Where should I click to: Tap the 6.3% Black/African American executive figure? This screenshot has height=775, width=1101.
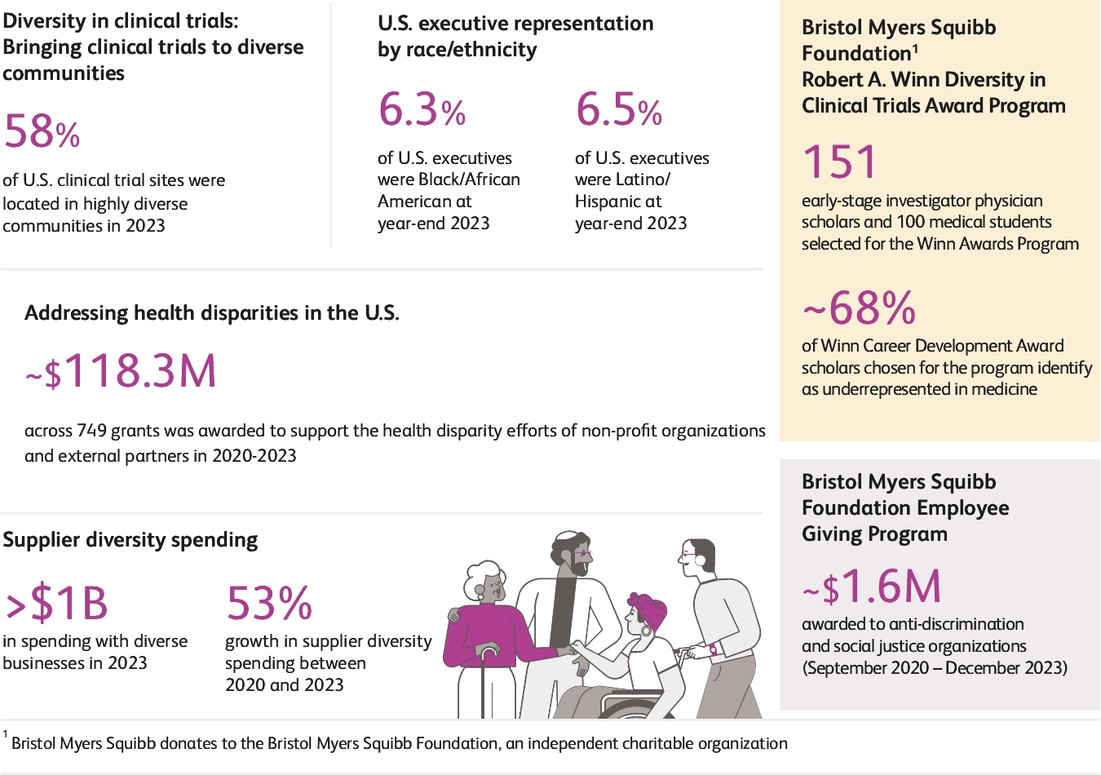click(422, 110)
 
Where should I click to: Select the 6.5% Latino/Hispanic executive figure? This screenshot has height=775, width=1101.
click(618, 110)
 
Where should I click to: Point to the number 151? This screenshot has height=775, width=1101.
click(840, 162)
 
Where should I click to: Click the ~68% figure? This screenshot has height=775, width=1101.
click(860, 308)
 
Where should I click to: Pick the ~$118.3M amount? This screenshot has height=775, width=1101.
click(122, 372)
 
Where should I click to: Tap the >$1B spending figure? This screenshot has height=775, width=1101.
click(56, 604)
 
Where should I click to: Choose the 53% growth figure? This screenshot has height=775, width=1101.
click(269, 604)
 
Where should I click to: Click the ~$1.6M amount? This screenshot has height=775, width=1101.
click(872, 587)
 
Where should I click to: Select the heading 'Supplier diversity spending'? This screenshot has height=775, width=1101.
click(130, 540)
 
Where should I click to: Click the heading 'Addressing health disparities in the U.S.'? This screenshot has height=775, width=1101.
click(212, 313)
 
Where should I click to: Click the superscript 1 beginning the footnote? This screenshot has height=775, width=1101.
click(5, 734)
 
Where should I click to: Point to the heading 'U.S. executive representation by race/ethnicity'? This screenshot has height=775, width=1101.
click(515, 37)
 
